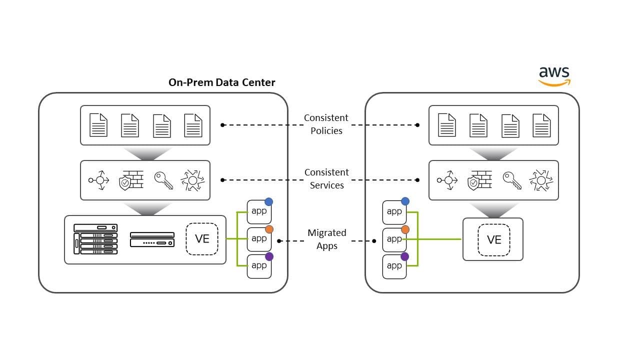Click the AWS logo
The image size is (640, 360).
554,76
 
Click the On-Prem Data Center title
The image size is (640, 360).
221,82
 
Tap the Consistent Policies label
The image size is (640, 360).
326,124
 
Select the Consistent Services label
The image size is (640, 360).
326,178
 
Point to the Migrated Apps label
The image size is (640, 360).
326,239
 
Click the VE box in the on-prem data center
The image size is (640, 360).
202,238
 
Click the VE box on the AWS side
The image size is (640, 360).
493,239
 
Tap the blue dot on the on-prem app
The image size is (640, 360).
269,201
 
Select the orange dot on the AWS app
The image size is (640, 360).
405,229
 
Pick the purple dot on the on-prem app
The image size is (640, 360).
269,256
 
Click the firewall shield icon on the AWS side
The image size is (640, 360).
479,180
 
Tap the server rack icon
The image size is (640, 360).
95,239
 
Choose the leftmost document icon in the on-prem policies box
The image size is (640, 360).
98,125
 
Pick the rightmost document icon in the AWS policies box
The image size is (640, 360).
541,125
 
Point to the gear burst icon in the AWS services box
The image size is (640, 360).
541,180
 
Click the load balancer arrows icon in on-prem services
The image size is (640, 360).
99,180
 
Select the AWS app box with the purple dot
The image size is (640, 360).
394,266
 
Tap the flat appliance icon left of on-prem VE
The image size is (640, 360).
152,239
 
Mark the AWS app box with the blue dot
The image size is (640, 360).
394,212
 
